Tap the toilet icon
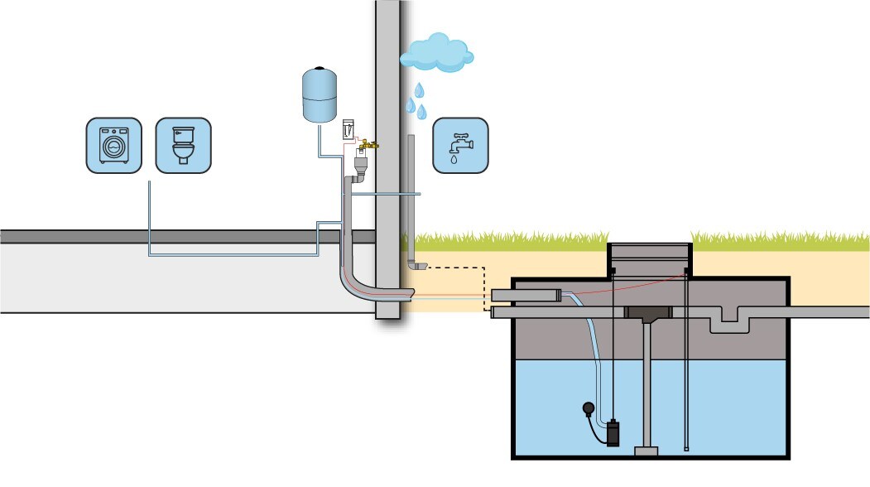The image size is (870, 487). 183,146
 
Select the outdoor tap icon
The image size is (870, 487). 460,146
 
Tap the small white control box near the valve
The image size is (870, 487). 348,130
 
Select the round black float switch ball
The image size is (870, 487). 588,407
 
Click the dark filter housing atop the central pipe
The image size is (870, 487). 648,314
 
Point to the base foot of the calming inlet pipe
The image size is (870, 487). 646,451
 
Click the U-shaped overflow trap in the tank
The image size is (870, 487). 729,320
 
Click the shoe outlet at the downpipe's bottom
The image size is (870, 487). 416,265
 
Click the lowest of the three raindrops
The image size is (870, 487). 421,112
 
